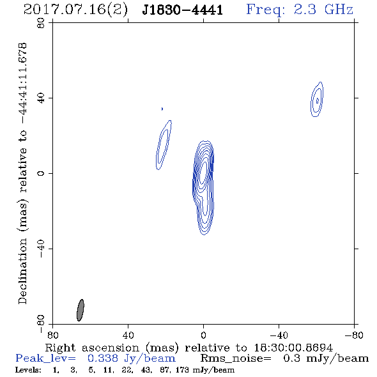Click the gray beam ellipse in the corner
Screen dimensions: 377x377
tap(81, 310)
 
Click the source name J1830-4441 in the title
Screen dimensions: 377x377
tap(182, 10)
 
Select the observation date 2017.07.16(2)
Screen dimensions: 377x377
tap(75, 10)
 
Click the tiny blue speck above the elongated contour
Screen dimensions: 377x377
tap(162, 109)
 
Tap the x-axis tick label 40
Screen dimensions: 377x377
tap(128, 335)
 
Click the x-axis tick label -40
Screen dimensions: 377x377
tap(279, 335)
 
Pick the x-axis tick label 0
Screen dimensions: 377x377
tap(203, 335)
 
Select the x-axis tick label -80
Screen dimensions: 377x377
tap(354, 335)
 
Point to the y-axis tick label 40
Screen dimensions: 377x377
tap(41, 98)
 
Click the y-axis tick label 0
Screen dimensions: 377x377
tap(41, 173)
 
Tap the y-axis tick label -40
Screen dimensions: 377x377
tap(41, 249)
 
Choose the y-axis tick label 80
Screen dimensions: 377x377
tap(41, 24)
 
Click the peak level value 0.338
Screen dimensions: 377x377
tap(103, 358)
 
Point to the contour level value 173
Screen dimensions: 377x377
tap(182, 369)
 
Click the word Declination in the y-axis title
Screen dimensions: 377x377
tap(22, 271)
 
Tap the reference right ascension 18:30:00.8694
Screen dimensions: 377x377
tap(293, 348)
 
